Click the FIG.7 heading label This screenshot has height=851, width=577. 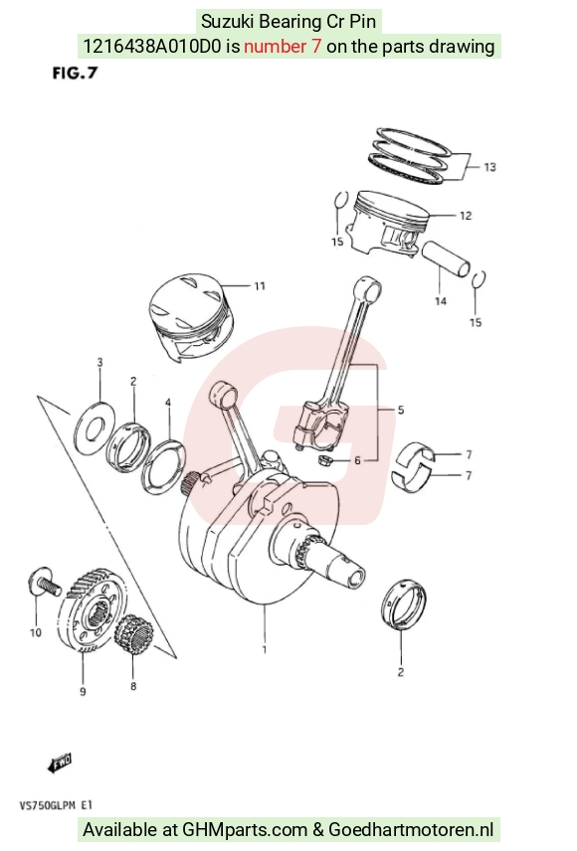point(75,73)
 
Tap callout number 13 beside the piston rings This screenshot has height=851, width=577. point(489,167)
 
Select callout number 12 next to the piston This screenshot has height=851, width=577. point(466,216)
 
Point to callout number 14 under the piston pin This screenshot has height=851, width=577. point(441,300)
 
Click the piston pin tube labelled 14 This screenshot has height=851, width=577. point(445,258)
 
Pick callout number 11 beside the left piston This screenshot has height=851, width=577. point(260,285)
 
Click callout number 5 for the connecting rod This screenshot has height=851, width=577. point(401,410)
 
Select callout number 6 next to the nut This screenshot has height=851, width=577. point(357,460)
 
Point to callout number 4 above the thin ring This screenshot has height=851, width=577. point(168,403)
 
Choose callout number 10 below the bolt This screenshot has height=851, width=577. point(35,632)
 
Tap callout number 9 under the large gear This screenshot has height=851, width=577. point(83,692)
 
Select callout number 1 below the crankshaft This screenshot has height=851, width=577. point(265,649)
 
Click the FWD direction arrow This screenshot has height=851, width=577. point(60,762)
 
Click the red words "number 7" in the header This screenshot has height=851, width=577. point(283,47)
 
